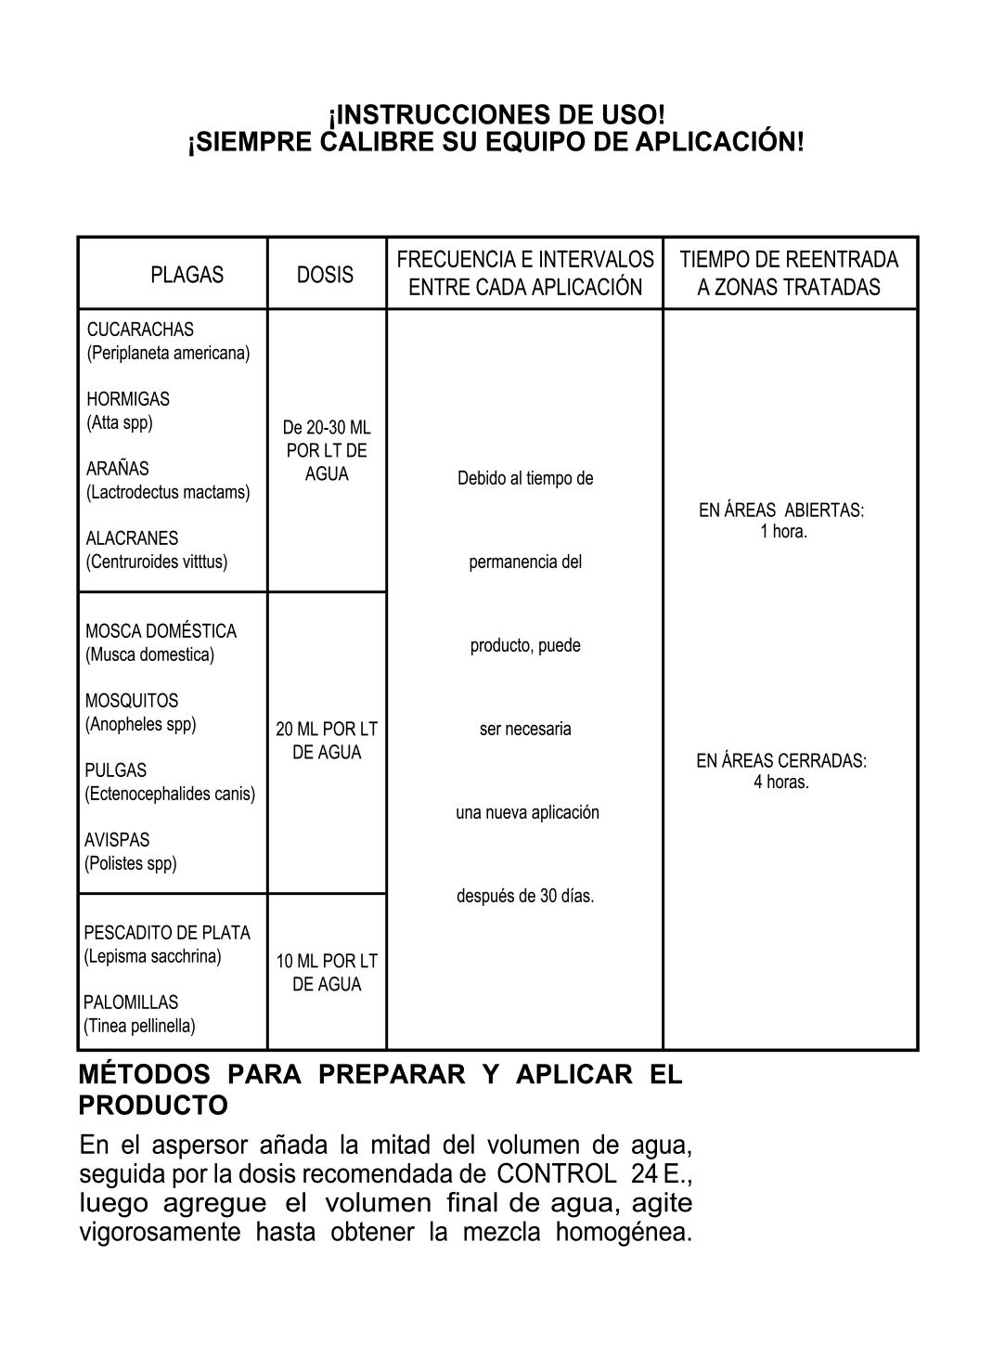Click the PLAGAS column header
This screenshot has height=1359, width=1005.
pos(187,275)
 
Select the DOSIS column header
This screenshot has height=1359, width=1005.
pos(325,275)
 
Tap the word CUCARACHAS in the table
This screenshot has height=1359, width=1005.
pos(140,330)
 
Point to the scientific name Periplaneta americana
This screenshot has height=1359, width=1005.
pos(168,353)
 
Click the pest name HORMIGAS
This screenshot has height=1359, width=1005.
pos(128,399)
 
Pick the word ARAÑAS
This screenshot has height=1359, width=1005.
pos(117,469)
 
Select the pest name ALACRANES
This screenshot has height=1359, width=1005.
pos(132,538)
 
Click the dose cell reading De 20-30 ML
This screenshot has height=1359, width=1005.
pos(326,428)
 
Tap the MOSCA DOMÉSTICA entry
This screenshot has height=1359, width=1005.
pos(161,631)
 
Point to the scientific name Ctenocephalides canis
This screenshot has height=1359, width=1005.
pos(170,794)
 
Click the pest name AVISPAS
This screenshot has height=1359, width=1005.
pos(117,840)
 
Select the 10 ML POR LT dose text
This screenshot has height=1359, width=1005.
pos(327,962)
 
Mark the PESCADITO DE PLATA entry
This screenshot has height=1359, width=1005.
pos(167,933)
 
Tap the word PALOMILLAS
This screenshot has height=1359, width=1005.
pos(131,1003)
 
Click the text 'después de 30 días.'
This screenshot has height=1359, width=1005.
pos(525,896)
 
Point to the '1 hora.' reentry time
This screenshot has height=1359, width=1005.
pos(783,532)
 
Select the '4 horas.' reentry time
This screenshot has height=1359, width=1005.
pos(781,782)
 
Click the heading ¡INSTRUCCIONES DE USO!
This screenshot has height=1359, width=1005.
pos(497,115)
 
